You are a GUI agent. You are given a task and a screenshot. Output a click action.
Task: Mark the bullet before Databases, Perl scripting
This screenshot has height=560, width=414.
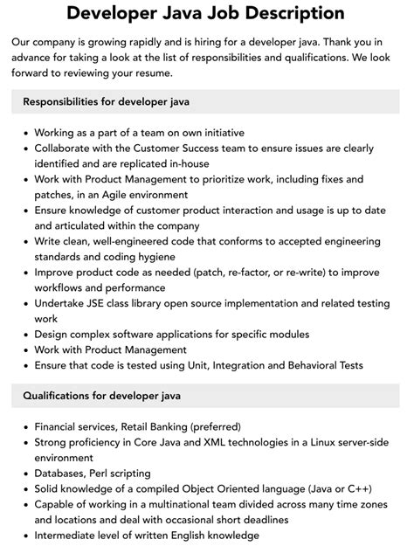[26, 474]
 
